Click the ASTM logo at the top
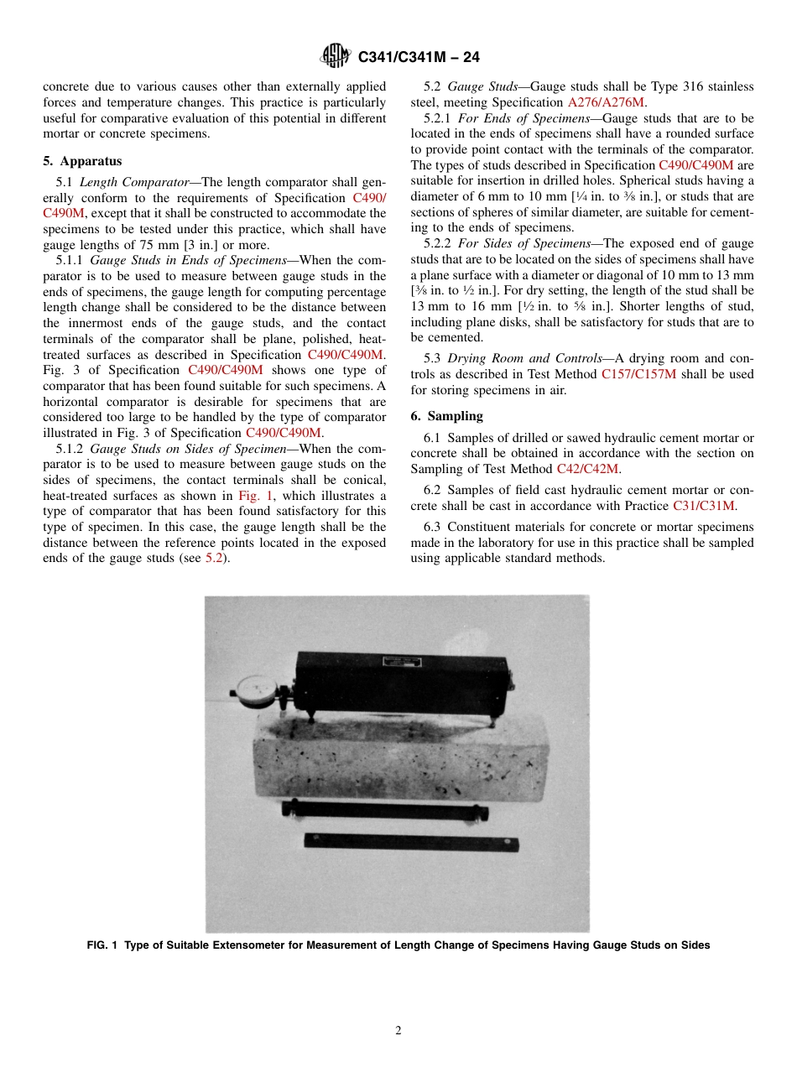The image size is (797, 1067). (x=336, y=57)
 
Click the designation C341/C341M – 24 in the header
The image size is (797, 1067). (x=418, y=57)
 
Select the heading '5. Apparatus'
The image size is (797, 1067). (x=82, y=161)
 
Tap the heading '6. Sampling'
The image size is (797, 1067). (x=446, y=416)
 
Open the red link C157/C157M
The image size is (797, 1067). (x=638, y=374)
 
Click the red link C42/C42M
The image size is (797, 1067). (x=587, y=469)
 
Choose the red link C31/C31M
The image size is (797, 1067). (x=703, y=506)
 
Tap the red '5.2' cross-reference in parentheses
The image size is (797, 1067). (x=215, y=559)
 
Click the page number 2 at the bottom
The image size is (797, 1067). (x=398, y=1031)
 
